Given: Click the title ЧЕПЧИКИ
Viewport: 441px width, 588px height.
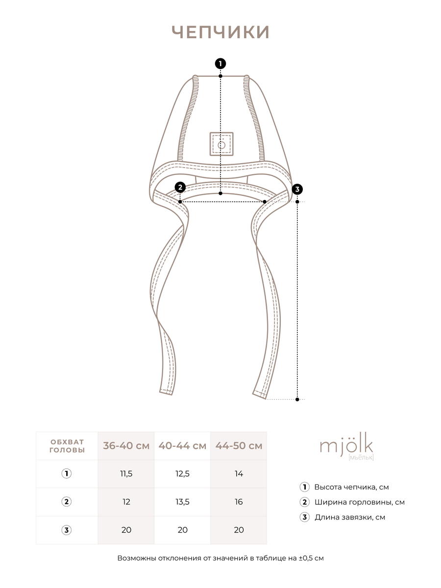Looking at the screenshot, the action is [220, 32].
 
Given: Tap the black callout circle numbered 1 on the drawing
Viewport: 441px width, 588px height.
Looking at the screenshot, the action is [220, 64].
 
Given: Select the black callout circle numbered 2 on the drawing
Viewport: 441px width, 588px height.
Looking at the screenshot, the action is [180, 188].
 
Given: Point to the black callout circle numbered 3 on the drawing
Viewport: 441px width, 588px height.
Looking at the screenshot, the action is [297, 190].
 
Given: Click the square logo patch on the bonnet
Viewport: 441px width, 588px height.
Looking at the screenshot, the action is [221, 144].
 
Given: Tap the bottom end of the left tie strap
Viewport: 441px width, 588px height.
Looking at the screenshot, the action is [166, 392].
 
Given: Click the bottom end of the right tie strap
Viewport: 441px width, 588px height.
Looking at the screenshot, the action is [260, 394].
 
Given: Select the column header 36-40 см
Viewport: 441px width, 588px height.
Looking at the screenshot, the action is [126, 446].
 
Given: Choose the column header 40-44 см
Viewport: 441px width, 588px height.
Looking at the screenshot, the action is [182, 446].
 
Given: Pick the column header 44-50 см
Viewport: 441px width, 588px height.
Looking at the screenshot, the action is [239, 446].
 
